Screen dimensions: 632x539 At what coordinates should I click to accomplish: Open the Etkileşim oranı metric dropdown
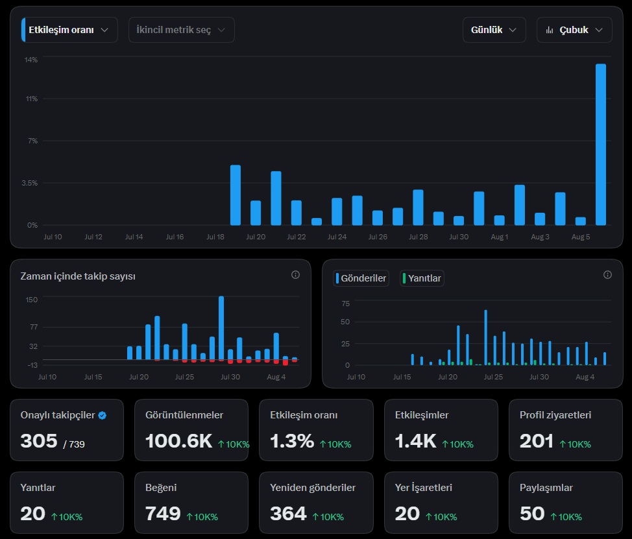[x=69, y=30]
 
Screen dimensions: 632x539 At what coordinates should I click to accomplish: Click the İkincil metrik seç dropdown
[x=182, y=30]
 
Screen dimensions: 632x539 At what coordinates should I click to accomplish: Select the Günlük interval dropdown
[x=494, y=30]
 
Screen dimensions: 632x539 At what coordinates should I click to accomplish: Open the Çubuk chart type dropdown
[x=574, y=30]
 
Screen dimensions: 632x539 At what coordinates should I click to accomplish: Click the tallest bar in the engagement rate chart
[x=601, y=144]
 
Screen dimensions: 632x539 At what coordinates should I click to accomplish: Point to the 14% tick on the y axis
[x=31, y=60]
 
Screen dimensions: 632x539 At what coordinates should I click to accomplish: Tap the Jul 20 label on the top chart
[x=256, y=237]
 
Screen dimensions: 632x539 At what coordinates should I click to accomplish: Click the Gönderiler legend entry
[x=361, y=278]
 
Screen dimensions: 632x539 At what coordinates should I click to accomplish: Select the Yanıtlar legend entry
[x=422, y=278]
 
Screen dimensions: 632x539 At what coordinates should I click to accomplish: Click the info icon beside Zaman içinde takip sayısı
[x=295, y=275]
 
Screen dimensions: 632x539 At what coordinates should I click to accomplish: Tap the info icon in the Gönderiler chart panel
[x=607, y=275]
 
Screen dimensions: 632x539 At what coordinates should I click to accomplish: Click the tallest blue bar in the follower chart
[x=221, y=328]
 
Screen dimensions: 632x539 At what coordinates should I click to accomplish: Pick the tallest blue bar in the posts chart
[x=486, y=337]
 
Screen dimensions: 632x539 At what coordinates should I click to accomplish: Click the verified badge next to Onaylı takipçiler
[x=103, y=415]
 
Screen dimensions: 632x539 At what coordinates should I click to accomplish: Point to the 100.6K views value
[x=178, y=441]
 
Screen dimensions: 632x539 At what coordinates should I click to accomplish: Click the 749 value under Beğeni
[x=163, y=514]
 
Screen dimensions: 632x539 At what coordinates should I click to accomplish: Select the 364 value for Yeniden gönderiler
[x=288, y=514]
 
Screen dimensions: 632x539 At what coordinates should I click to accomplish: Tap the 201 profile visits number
[x=537, y=441]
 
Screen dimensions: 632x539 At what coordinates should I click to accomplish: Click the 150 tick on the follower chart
[x=31, y=300]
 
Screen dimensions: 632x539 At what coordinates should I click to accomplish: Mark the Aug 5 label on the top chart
[x=580, y=237]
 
